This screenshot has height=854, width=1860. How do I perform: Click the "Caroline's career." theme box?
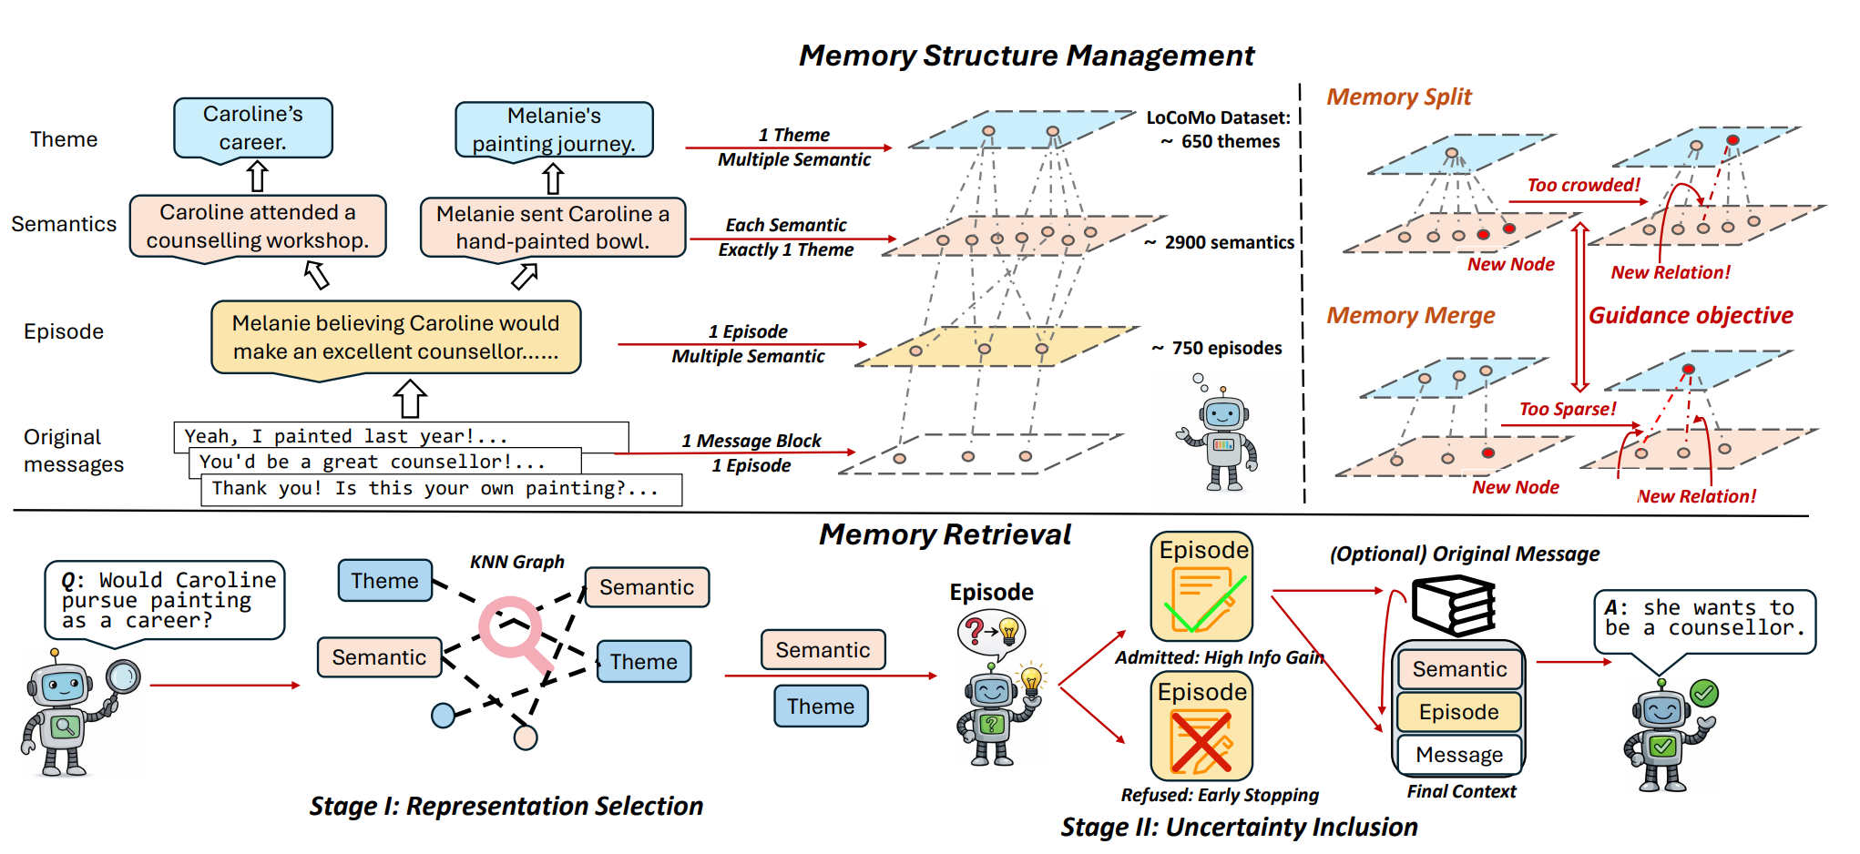pyautogui.click(x=252, y=128)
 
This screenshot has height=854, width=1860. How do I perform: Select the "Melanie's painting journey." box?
pyautogui.click(x=554, y=130)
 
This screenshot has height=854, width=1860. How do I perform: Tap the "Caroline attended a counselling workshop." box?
pyautogui.click(x=258, y=227)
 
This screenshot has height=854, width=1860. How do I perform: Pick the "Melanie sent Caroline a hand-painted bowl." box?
pyautogui.click(x=553, y=228)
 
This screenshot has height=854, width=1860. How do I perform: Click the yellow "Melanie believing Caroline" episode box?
pyautogui.click(x=395, y=337)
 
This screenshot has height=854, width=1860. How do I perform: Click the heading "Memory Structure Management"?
pyautogui.click(x=1026, y=56)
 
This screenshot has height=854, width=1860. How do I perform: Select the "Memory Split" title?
pyautogui.click(x=1398, y=97)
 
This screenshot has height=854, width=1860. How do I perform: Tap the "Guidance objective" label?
pyautogui.click(x=1691, y=315)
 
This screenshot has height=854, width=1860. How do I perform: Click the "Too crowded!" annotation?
pyautogui.click(x=1583, y=185)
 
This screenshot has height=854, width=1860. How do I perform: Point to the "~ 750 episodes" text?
pyautogui.click(x=1217, y=348)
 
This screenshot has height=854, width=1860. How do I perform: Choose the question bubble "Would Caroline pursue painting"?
pyautogui.click(x=165, y=600)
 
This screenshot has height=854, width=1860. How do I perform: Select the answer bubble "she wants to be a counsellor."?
pyautogui.click(x=1704, y=618)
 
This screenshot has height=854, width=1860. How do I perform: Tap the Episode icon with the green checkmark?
pyautogui.click(x=1202, y=587)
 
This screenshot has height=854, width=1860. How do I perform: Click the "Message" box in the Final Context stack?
pyautogui.click(x=1459, y=755)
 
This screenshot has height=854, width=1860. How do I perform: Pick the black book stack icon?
pyautogui.click(x=1454, y=605)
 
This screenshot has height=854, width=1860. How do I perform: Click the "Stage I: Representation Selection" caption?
pyautogui.click(x=506, y=806)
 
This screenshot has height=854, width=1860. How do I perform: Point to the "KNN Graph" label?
pyautogui.click(x=516, y=562)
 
